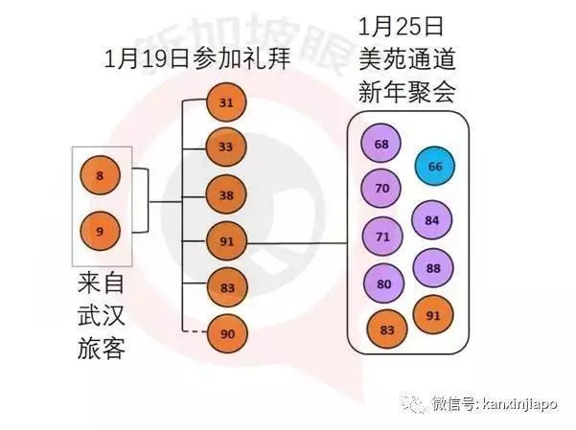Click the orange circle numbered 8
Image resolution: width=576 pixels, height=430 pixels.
click(100, 175)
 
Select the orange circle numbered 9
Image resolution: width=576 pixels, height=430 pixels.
click(100, 232)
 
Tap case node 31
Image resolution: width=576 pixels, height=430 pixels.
click(226, 102)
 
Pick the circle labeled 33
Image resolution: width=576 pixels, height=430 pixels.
click(225, 147)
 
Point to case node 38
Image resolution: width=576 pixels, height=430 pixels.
click(226, 194)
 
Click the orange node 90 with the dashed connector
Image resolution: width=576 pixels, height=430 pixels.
click(227, 333)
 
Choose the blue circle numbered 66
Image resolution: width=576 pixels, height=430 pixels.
click(435, 166)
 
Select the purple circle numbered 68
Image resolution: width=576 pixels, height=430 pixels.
click(380, 144)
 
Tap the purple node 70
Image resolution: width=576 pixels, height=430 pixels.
click(381, 189)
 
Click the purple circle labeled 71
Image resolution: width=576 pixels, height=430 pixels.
click(382, 237)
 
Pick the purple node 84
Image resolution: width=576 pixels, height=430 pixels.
click(432, 220)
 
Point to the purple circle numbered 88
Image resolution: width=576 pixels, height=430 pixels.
click(433, 268)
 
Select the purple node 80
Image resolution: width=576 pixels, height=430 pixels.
click(383, 283)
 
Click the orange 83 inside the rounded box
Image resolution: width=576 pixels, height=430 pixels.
click(387, 329)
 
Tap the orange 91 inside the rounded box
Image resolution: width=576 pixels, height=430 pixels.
click(433, 315)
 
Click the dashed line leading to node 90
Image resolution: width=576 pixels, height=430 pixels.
click(196, 332)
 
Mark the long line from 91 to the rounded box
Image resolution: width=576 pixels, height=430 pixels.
click(297, 242)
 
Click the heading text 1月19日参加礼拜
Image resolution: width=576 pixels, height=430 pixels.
click(197, 58)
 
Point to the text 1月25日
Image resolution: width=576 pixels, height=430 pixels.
click(402, 27)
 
